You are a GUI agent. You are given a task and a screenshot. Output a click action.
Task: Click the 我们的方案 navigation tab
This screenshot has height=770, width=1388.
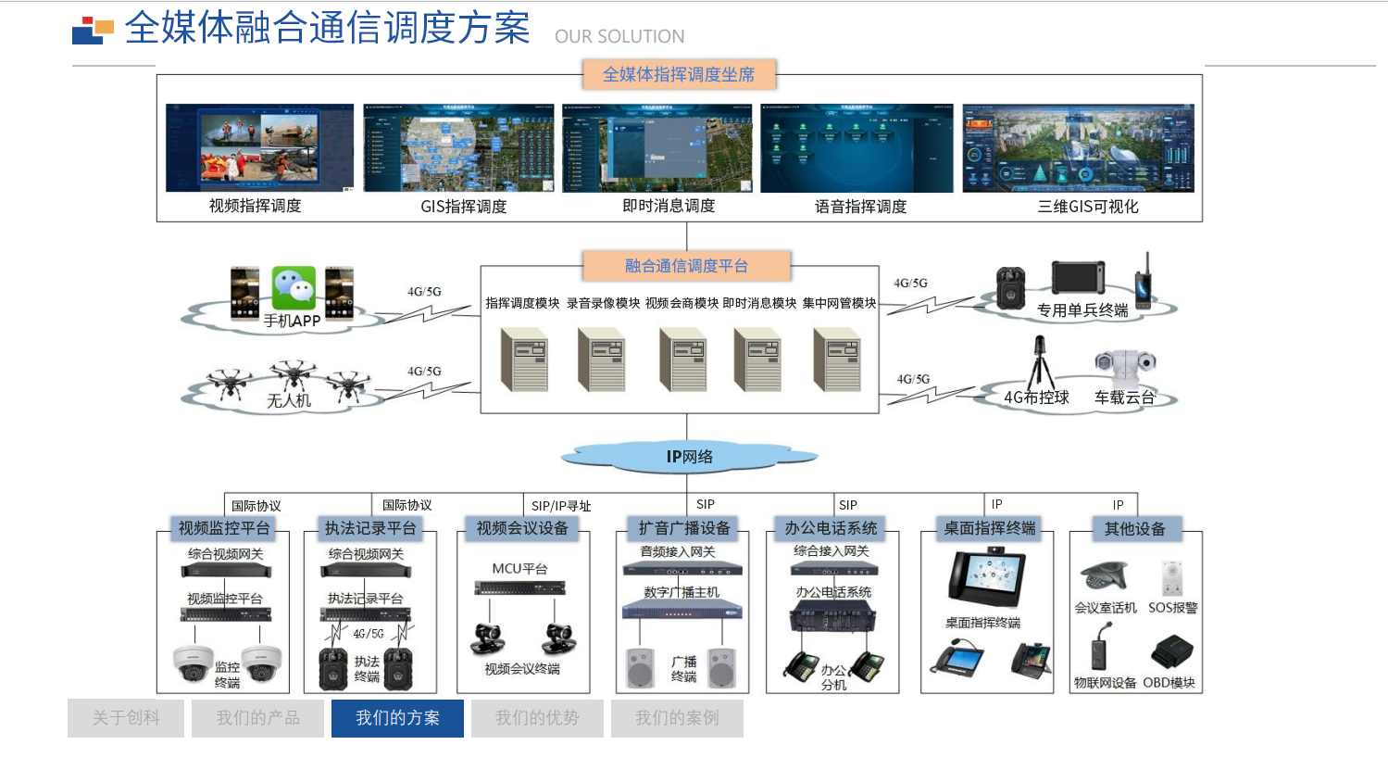[397, 718]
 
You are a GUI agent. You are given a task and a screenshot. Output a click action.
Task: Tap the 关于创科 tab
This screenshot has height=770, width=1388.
[126, 718]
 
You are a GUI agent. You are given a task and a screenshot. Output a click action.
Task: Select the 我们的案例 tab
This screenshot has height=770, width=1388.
[677, 718]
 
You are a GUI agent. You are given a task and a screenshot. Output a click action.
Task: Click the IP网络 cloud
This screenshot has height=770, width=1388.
[689, 456]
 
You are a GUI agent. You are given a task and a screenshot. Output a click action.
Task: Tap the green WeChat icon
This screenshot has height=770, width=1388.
[294, 287]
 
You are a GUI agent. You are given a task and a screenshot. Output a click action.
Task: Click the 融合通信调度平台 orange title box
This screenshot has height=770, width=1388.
[686, 266]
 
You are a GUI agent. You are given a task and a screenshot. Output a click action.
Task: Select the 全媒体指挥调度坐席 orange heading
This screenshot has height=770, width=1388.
[679, 74]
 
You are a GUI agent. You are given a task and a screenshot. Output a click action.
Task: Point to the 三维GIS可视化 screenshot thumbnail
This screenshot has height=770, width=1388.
[1078, 148]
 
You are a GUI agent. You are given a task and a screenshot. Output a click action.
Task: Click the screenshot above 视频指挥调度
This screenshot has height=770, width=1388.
[259, 148]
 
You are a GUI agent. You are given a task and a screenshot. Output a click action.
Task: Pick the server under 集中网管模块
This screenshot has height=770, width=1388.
[838, 360]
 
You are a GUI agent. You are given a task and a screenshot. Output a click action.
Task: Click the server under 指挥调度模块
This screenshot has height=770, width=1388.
[524, 360]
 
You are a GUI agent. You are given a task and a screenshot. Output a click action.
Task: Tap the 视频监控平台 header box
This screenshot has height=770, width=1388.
[224, 528]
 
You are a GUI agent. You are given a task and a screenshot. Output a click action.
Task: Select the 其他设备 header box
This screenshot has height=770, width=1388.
[1134, 529]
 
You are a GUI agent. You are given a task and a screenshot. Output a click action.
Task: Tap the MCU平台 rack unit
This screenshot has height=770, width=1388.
[519, 588]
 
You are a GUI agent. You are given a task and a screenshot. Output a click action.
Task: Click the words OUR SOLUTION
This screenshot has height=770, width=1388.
[619, 36]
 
